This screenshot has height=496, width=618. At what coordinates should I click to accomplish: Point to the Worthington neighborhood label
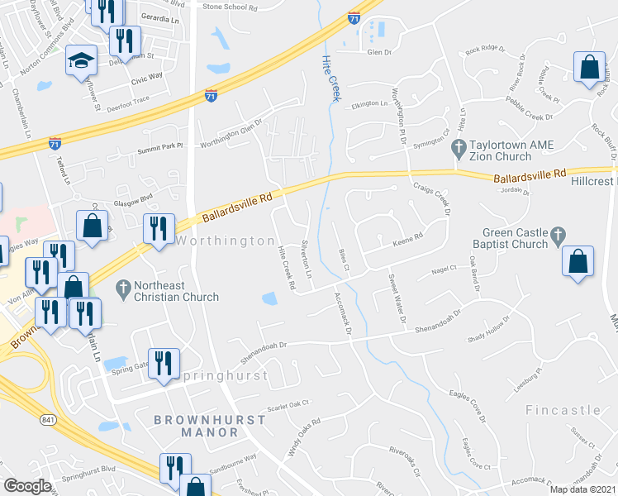click(224, 241)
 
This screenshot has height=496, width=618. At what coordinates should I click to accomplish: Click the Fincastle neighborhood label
click(563, 410)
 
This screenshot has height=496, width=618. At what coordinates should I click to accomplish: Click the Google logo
click(27, 486)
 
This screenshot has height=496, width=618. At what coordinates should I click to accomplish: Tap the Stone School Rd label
click(231, 7)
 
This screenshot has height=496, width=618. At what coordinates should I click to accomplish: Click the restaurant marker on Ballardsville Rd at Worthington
click(158, 228)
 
